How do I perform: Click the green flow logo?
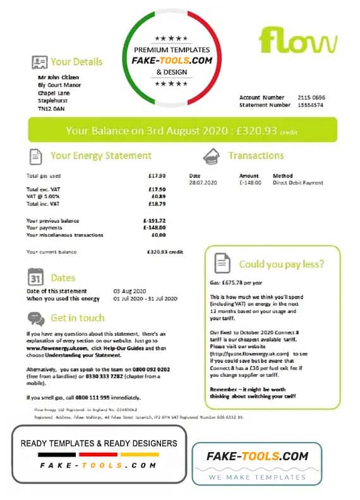click(297, 41)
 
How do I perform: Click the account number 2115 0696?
click(311, 97)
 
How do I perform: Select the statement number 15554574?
click(311, 105)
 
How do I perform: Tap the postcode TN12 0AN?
click(51, 109)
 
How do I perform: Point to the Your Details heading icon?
click(39, 62)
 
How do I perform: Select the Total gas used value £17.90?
click(157, 176)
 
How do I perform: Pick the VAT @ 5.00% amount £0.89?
click(158, 196)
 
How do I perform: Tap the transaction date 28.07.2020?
click(202, 183)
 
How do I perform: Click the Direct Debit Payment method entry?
click(297, 183)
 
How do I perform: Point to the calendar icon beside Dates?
click(37, 278)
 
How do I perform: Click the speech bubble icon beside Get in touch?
click(36, 319)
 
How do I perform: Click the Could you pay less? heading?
click(282, 264)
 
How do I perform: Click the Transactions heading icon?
click(211, 156)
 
